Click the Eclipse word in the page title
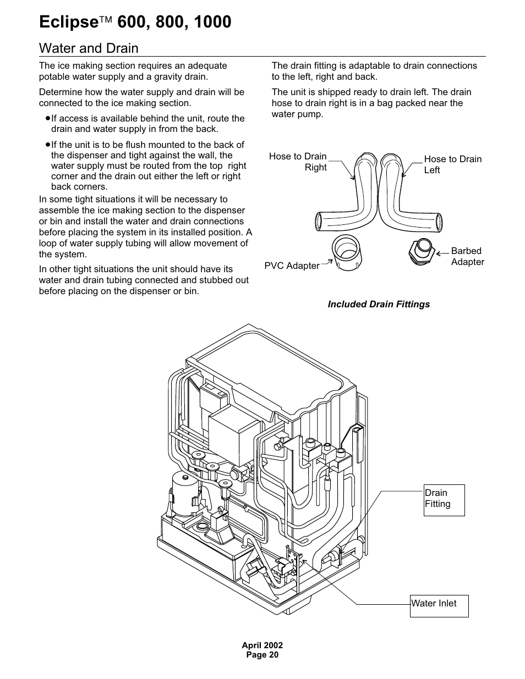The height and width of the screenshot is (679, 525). click(x=68, y=22)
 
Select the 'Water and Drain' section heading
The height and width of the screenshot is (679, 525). click(x=89, y=48)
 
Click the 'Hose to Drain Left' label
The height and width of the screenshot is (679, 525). click(x=452, y=164)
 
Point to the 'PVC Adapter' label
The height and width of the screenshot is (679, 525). click(x=292, y=266)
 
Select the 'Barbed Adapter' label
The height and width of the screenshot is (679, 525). click(x=467, y=256)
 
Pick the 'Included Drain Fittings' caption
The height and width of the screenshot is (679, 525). click(x=379, y=304)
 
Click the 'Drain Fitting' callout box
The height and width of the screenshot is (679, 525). click(x=444, y=500)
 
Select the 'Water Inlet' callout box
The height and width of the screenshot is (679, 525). click(x=439, y=605)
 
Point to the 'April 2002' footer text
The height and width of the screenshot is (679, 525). click(x=262, y=645)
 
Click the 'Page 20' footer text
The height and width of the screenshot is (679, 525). click(x=262, y=655)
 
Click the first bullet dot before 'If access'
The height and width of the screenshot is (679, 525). click(x=48, y=118)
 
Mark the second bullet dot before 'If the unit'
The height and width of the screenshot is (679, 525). click(x=48, y=145)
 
